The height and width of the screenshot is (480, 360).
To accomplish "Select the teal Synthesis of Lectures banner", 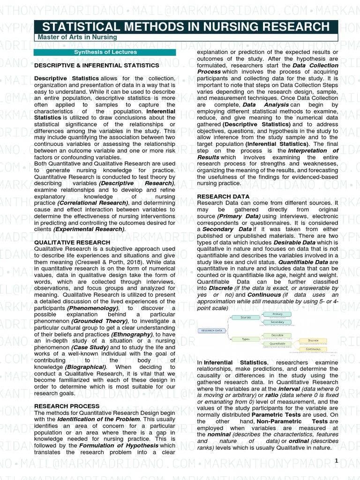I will [x=105, y=52].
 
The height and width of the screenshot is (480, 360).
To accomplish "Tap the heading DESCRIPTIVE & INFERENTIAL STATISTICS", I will [x=97, y=65].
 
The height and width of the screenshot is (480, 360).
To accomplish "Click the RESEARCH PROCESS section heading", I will [x=67, y=405].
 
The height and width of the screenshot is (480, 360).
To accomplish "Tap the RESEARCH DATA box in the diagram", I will [x=211, y=330].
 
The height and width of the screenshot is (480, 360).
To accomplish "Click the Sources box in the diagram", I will [x=246, y=317].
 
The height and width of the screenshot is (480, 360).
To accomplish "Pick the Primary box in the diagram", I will [x=277, y=314].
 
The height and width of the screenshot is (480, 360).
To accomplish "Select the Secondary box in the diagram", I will [x=277, y=322].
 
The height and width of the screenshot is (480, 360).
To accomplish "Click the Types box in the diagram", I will [x=246, y=338].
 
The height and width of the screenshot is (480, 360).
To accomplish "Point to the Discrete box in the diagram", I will [x=313, y=340].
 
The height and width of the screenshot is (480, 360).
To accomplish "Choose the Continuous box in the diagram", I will [x=313, y=349].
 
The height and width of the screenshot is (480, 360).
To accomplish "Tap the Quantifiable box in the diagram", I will [x=277, y=344].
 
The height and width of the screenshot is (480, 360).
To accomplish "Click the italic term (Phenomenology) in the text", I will [x=92, y=308].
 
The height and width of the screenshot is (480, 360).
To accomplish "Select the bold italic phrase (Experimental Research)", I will [x=89, y=229].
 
